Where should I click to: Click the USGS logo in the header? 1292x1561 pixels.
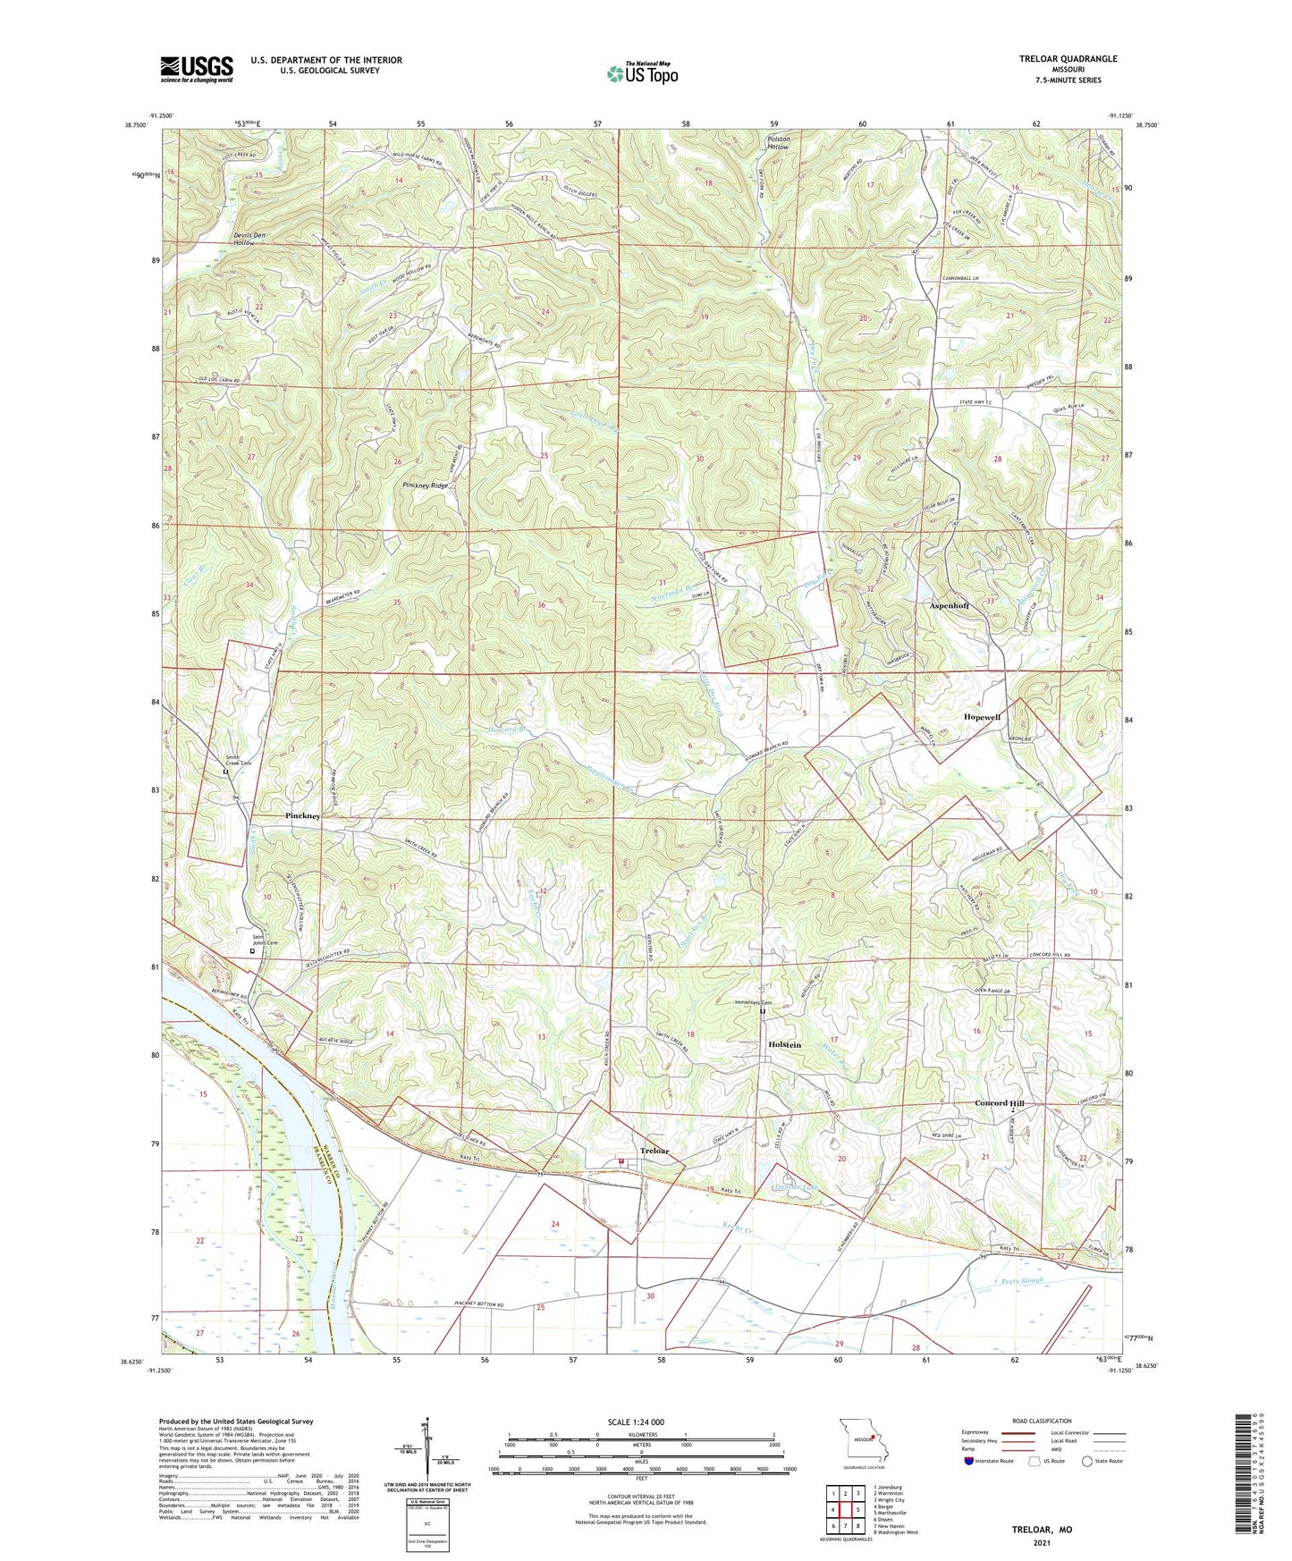(197, 68)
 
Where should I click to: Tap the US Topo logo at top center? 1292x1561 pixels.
(641, 73)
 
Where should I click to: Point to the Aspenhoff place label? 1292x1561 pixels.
(949, 605)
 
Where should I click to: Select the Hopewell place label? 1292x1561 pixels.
(981, 717)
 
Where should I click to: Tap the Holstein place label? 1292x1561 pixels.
(784, 1044)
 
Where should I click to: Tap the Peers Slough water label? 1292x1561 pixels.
(1020, 1281)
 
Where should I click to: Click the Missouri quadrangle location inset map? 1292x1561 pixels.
(862, 1441)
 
